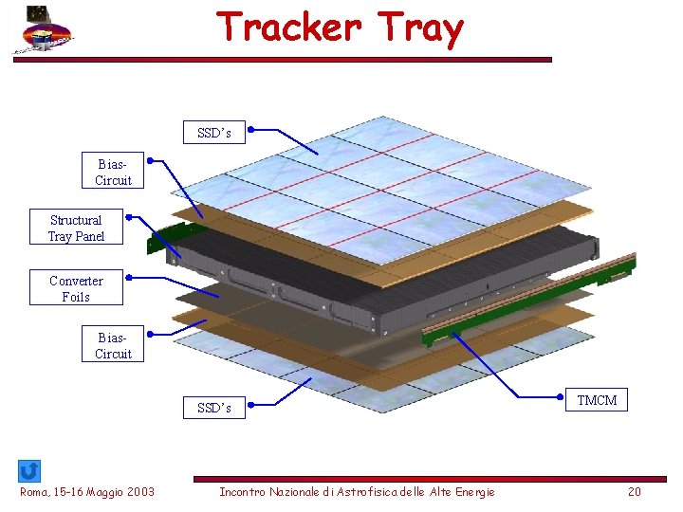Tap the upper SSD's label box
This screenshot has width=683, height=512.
pyautogui.click(x=213, y=133)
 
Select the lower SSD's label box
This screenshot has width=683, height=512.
pyautogui.click(x=213, y=408)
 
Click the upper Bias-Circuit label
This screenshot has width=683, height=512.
pyautogui.click(x=113, y=171)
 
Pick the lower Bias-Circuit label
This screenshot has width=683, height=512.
pyautogui.click(x=113, y=345)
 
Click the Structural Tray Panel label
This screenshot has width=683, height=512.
pyautogui.click(x=76, y=228)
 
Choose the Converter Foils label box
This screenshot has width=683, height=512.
pyautogui.click(x=76, y=288)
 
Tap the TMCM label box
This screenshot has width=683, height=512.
pyautogui.click(x=597, y=400)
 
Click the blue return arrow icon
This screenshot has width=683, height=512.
pyautogui.click(x=29, y=470)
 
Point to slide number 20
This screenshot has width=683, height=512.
pyautogui.click(x=635, y=491)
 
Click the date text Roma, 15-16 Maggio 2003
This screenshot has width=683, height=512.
pyautogui.click(x=87, y=491)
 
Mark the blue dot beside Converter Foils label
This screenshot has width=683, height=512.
pyautogui.click(x=128, y=279)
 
